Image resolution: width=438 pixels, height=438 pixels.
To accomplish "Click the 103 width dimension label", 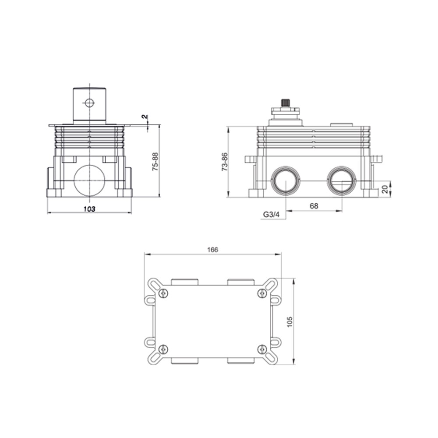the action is pyautogui.click(x=89, y=208).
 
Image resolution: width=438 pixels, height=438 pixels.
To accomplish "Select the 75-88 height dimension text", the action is pyautogui.click(x=155, y=162).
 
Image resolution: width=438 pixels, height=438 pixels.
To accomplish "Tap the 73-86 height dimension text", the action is pyautogui.click(x=224, y=162).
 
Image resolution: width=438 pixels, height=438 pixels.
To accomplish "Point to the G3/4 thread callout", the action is pyautogui.click(x=271, y=215).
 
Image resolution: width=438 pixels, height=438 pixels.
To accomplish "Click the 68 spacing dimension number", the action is pyautogui.click(x=314, y=206).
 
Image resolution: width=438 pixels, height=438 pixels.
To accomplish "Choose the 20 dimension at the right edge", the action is pyautogui.click(x=385, y=189).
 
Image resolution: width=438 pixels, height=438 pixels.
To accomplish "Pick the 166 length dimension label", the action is pyautogui.click(x=212, y=250).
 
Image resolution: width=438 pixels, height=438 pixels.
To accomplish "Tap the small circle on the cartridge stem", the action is pyautogui.click(x=89, y=103).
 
